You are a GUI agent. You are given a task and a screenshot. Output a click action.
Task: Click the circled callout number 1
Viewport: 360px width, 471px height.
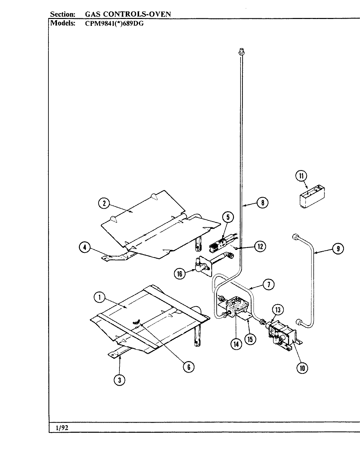click(x=99, y=297)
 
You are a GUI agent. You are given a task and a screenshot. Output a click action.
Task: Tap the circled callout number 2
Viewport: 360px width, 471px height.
click(x=104, y=203)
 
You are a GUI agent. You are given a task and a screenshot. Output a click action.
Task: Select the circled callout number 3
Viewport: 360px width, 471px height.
click(x=119, y=380)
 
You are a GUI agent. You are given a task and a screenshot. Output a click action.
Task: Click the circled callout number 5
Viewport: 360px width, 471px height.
click(x=228, y=218)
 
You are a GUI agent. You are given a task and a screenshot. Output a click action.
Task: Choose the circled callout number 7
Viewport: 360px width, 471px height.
click(x=269, y=285)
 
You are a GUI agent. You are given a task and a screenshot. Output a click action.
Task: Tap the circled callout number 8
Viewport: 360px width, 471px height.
click(x=262, y=203)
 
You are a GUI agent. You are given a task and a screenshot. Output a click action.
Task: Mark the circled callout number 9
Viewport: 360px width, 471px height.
click(x=338, y=249)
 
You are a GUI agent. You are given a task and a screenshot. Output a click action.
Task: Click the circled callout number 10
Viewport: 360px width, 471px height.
click(x=302, y=368)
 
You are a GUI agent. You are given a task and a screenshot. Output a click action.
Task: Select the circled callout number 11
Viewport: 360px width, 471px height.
click(x=301, y=176)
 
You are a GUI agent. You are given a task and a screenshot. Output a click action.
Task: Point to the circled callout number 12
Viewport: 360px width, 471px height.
click(x=260, y=247)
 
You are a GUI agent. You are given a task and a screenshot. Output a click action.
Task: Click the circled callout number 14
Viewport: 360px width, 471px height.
click(x=236, y=344)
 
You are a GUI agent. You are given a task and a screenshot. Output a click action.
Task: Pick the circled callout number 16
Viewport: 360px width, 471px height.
click(x=180, y=273)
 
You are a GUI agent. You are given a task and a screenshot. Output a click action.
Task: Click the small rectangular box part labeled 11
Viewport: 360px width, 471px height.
click(x=311, y=196)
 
